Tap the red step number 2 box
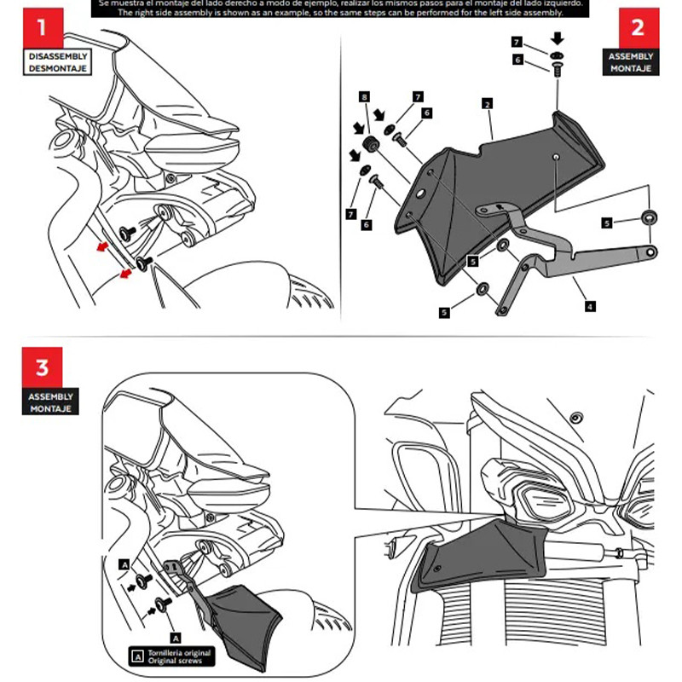pyautogui.click(x=637, y=28)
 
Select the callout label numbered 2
pyautogui.click(x=485, y=104)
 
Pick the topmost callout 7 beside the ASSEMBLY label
pyautogui.click(x=517, y=41)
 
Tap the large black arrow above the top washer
pyautogui.click(x=557, y=38)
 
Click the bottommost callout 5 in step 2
pyautogui.click(x=444, y=313)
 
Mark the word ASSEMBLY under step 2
pyautogui.click(x=632, y=56)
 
